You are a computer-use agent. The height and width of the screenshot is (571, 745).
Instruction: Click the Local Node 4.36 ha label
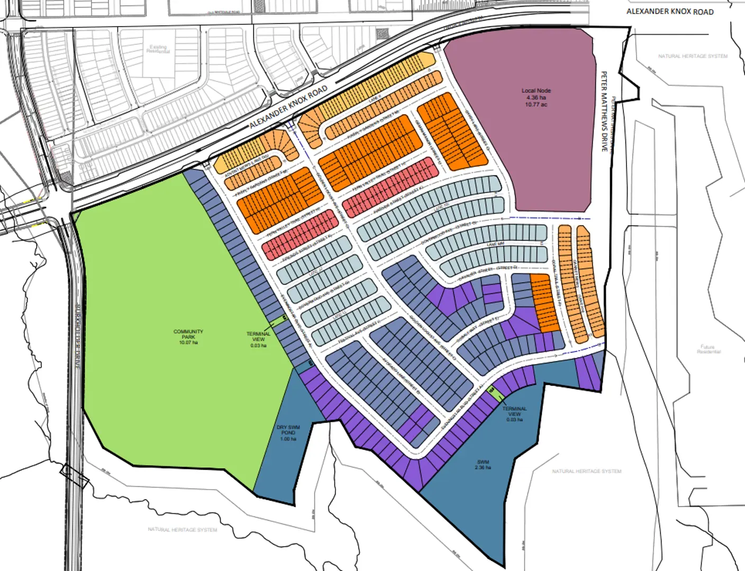click(536, 98)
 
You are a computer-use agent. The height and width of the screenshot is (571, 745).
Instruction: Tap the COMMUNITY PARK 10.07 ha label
click(188, 337)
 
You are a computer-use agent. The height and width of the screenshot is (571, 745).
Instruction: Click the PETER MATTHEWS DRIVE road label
click(604, 112)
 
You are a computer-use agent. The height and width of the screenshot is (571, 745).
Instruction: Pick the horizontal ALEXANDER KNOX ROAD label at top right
click(670, 11)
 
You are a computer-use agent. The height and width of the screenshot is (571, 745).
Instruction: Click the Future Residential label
click(708, 349)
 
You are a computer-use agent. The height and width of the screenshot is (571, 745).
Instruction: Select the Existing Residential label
click(158, 49)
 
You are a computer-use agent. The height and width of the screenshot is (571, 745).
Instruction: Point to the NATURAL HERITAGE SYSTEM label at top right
click(693, 56)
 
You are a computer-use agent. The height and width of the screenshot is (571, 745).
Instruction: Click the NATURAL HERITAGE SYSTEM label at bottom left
click(182, 529)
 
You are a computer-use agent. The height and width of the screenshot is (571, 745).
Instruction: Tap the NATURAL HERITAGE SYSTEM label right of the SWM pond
click(586, 471)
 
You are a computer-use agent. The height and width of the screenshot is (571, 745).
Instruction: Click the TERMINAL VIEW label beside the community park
click(258, 339)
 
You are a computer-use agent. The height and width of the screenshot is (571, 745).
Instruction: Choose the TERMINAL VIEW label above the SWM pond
click(514, 414)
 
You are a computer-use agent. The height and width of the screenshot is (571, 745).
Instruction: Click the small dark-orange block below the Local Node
click(544, 303)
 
